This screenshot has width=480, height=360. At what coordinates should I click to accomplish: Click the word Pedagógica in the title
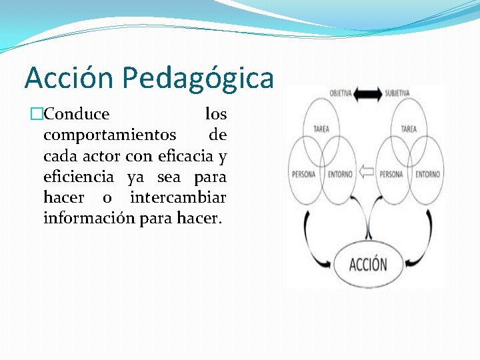pos(199,79)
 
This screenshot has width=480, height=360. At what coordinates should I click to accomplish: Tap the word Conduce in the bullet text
pos(77,114)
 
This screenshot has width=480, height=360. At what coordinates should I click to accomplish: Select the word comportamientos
pos(110,135)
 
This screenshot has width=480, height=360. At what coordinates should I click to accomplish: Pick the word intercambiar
pos(178,198)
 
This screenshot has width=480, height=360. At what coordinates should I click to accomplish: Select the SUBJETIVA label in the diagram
pos(397,93)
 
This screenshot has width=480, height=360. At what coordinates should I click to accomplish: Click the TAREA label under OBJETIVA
pos(321,129)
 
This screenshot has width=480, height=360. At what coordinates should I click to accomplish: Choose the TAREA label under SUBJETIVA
pos(409,129)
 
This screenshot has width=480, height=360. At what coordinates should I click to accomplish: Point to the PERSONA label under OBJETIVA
pos(303,175)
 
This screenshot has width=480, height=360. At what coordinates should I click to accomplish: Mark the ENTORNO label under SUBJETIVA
pos(427,175)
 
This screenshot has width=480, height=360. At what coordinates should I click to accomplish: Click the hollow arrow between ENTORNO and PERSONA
pos(365,173)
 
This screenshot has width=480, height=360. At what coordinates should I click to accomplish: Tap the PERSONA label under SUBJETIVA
pos(391,175)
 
